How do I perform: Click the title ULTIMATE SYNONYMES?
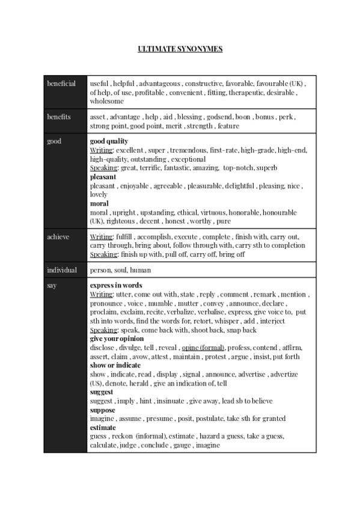(180, 49)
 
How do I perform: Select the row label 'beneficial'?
(61, 84)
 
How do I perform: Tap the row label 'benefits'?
(59, 117)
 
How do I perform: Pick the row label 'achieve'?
(58, 236)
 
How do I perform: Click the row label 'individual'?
(61, 270)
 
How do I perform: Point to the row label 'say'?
(52, 285)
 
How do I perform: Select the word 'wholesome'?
(107, 102)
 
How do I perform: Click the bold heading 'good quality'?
(109, 141)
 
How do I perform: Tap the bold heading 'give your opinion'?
(117, 339)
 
